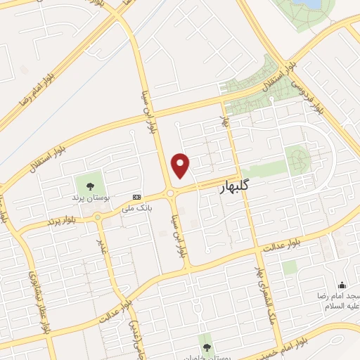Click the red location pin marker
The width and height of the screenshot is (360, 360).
point(181,165)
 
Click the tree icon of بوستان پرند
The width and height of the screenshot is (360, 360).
point(90,186)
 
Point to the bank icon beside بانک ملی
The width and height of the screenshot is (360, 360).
point(136,198)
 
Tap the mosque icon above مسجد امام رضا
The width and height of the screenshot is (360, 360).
point(342,285)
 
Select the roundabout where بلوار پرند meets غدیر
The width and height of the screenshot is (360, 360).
point(98,217)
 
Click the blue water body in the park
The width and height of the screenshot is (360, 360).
point(309,5)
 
